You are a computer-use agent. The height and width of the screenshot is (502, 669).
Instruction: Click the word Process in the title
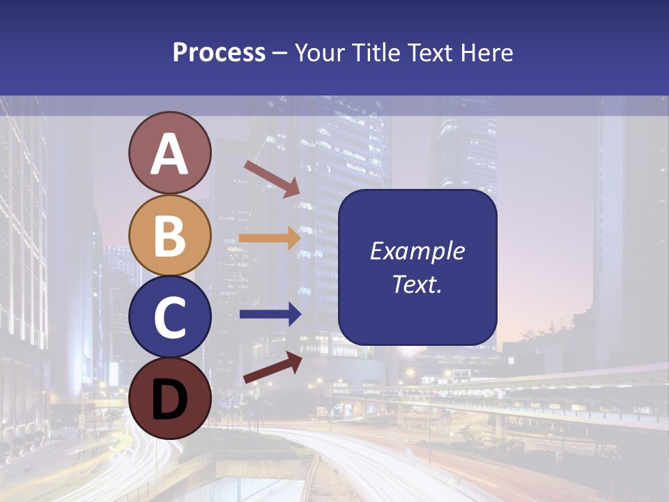click(219, 53)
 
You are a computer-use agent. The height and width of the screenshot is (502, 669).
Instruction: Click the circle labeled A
click(169, 153)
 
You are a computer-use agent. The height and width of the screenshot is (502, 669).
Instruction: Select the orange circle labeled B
click(169, 235)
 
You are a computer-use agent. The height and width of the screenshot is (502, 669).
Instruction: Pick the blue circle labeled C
click(169, 317)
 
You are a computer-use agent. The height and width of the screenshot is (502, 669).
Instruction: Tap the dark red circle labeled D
click(169, 398)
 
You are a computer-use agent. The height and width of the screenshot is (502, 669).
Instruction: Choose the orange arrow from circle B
click(270, 238)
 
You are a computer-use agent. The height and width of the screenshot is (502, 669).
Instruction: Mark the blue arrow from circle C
click(270, 314)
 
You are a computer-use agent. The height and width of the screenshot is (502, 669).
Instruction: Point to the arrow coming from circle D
click(272, 368)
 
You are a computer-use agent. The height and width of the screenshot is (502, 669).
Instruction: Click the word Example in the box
click(417, 251)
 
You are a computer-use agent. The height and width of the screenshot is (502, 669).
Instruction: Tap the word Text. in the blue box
click(417, 284)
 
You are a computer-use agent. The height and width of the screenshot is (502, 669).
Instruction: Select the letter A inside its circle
click(169, 154)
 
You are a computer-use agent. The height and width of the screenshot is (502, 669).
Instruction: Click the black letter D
click(169, 400)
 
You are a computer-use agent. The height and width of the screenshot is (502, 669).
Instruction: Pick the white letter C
click(169, 317)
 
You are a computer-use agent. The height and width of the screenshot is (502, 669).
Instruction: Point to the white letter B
click(169, 236)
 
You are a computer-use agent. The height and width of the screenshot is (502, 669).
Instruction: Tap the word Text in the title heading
click(429, 53)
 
